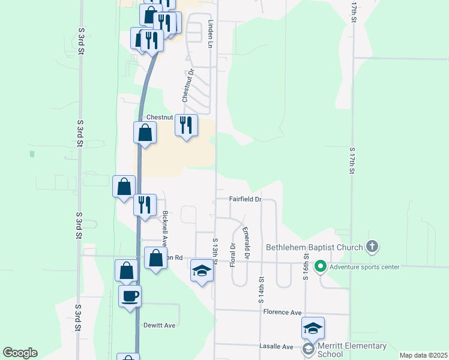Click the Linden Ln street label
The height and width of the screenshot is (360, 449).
coord(211,34)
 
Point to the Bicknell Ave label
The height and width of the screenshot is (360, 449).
coord(165,229)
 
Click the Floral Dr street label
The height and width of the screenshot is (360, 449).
coord(232,254)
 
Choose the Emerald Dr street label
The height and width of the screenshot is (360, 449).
coord(246,243)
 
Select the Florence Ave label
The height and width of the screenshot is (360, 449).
coord(282,313)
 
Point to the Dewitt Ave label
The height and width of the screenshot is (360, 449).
coord(159,325)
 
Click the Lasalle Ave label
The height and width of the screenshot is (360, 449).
coord(276,347)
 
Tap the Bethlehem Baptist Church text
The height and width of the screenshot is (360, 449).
coord(315,247)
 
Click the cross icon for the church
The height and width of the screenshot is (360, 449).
coord(372,246)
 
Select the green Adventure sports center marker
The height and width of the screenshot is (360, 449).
coord(320,266)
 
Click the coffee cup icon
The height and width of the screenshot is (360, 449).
coord(130,295)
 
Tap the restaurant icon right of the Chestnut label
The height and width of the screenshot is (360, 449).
coord(186,125)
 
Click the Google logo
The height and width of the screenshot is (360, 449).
coord(20,353)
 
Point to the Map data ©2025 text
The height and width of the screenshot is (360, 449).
coord(423,355)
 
